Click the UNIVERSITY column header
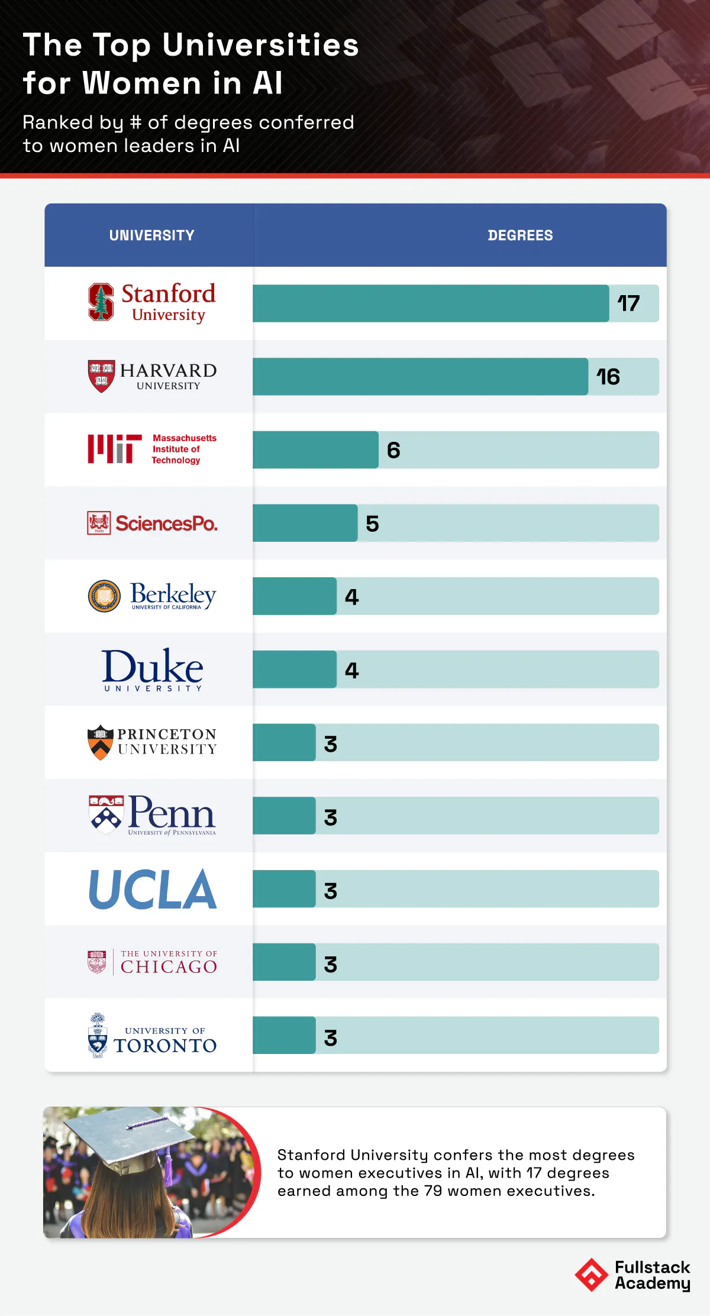coord(151,235)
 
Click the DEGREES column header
coord(520,235)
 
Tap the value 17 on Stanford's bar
coord(628,303)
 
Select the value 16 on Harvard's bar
coord(608,377)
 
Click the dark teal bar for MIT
coord(315,450)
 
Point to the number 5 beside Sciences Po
coord(372,523)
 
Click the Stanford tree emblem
coord(101,302)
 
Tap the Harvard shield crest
coord(101,376)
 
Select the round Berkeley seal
coord(104,596)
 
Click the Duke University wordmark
coord(153,669)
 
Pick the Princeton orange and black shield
coord(101,742)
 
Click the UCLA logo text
coord(153,889)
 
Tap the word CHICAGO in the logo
coord(169,967)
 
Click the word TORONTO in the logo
coord(165,1046)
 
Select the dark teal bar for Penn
coord(284,816)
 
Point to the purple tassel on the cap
coord(168,1162)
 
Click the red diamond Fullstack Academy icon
coord(591,1275)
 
